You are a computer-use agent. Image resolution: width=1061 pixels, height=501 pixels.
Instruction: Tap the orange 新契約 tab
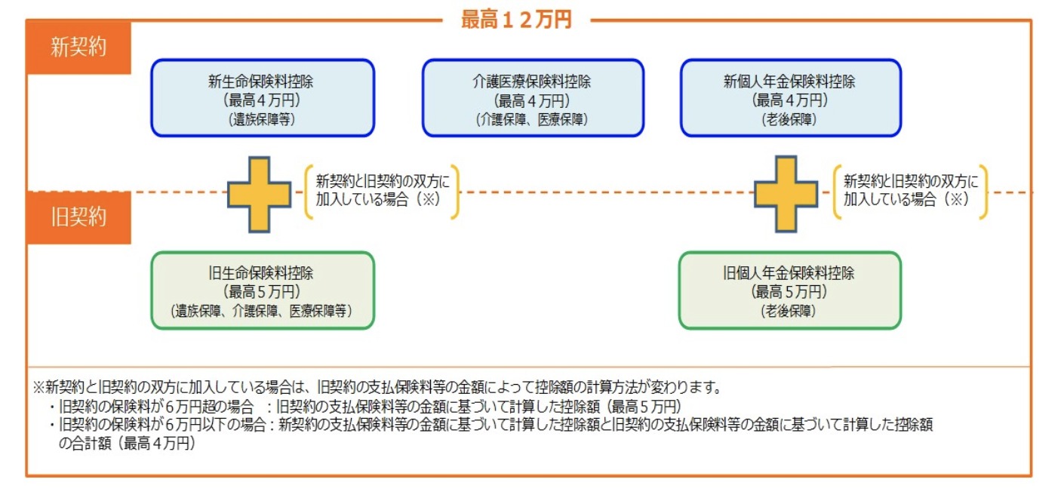(78, 48)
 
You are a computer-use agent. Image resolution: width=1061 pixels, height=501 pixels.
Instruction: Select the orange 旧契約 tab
(78, 217)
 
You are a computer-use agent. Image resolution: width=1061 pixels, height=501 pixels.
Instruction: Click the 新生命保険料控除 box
(262, 98)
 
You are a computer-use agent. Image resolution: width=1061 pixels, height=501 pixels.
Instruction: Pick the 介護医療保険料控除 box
(532, 98)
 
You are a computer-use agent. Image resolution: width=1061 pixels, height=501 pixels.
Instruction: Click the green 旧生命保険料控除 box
(262, 290)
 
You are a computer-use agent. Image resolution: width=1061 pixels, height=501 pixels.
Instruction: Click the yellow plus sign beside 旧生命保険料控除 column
(260, 194)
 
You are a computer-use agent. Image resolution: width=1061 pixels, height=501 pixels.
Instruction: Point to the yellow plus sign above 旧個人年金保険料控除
(786, 194)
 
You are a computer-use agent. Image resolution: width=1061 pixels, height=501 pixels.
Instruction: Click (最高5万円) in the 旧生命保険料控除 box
(262, 291)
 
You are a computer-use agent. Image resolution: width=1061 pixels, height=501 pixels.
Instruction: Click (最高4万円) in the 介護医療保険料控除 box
(532, 100)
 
